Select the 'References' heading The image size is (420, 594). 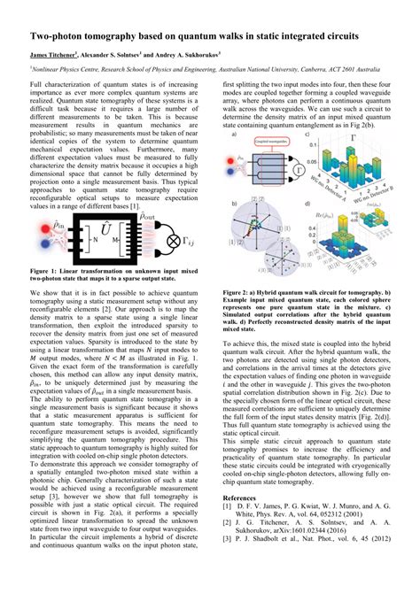coord(241,499)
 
